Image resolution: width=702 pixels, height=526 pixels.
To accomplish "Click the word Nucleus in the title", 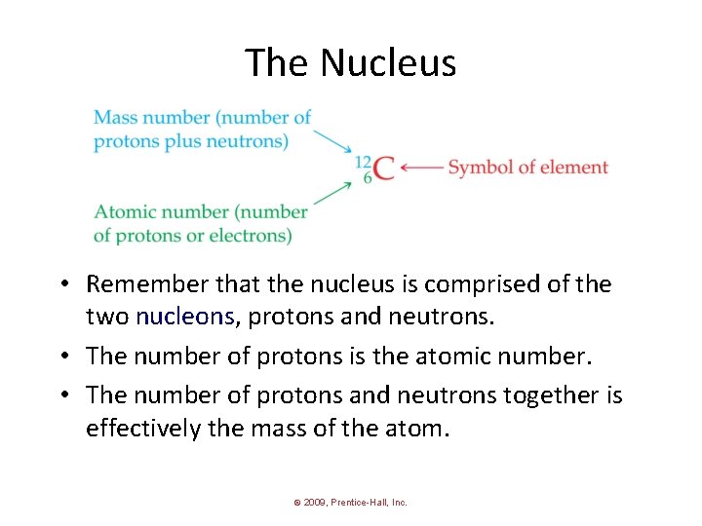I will pyautogui.click(x=388, y=63).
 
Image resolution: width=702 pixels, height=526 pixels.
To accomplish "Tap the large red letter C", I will pyautogui.click(x=384, y=169).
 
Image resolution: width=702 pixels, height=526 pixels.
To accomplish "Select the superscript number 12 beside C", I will pyautogui.click(x=364, y=161).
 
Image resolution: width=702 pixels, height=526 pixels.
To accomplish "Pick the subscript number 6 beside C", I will pyautogui.click(x=368, y=177).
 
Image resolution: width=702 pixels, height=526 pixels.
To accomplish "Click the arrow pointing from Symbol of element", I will pyautogui.click(x=421, y=168).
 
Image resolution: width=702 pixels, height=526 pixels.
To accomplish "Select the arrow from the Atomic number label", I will pyautogui.click(x=332, y=194).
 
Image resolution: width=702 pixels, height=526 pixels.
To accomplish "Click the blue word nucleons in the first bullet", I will pyautogui.click(x=185, y=317).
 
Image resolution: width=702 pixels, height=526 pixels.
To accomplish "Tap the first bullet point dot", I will pyautogui.click(x=61, y=285).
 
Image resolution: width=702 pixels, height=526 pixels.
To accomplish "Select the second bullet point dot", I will pyautogui.click(x=61, y=357).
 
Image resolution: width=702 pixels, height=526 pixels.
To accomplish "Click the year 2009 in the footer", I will pyautogui.click(x=313, y=503).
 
